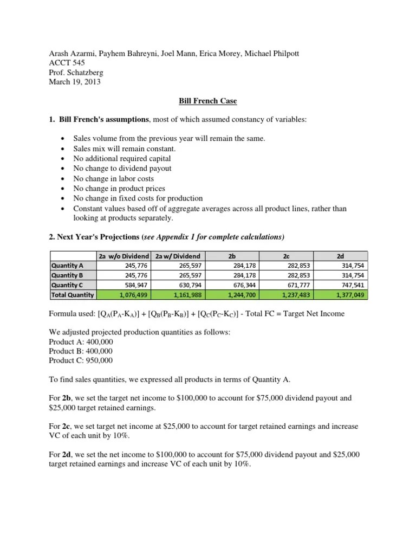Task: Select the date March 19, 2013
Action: pyautogui.click(x=74, y=82)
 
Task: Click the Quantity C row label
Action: pyautogui.click(x=67, y=285)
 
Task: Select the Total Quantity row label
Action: pyautogui.click(x=72, y=295)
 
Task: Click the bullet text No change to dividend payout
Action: pyautogui.click(x=122, y=168)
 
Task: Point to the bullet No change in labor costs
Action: pyautogui.click(x=114, y=178)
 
